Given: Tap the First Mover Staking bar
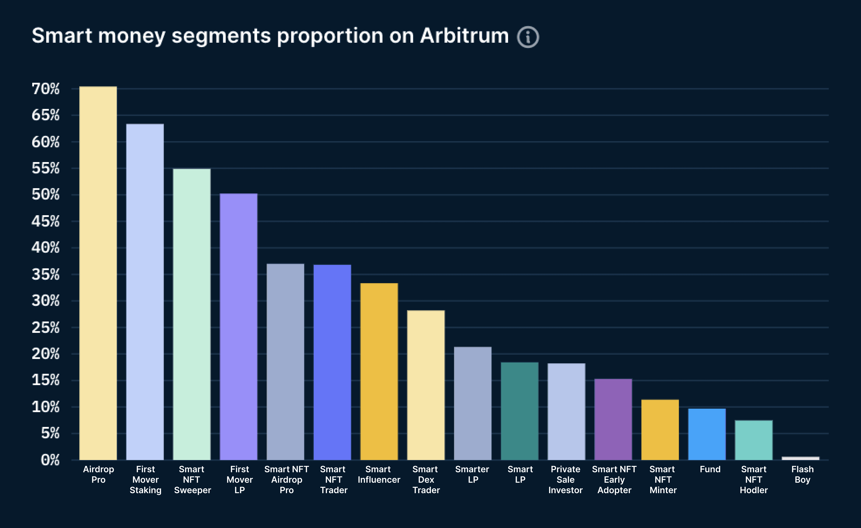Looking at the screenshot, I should (145, 292).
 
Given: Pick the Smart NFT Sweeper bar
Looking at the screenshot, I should (192, 315).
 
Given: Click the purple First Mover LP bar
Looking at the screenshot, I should (239, 327).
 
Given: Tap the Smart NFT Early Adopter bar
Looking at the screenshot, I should (613, 419).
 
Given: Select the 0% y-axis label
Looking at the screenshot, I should (50, 460).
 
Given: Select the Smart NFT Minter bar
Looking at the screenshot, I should (660, 430).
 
